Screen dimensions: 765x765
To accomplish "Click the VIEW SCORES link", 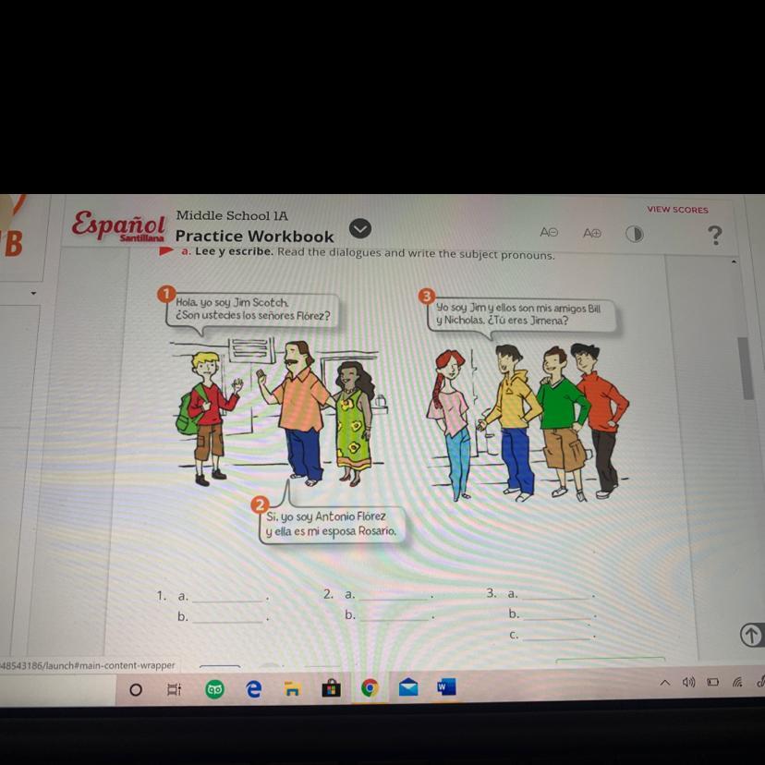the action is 677,210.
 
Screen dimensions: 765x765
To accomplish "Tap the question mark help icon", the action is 715,236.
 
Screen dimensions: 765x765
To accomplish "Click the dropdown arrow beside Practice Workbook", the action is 360,229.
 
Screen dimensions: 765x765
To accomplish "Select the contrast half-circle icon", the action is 634,234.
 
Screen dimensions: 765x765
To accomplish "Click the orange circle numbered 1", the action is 166,294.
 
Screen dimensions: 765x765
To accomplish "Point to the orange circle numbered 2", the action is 260,504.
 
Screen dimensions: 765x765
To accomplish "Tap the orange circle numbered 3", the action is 427,297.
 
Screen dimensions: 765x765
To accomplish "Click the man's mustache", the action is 292,362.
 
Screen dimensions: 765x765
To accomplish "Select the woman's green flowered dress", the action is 352,430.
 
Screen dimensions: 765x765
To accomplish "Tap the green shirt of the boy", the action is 564,404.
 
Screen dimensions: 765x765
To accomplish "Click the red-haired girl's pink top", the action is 450,411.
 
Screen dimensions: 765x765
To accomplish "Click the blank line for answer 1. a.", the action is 227,601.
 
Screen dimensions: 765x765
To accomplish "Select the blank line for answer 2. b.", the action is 395,620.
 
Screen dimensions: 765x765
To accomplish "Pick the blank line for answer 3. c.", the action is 556,638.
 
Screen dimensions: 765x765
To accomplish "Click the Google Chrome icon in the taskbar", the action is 370,688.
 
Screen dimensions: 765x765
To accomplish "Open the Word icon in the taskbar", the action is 446,687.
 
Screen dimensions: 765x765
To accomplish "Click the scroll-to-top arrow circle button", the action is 751,635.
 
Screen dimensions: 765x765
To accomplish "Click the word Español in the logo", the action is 118,224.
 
